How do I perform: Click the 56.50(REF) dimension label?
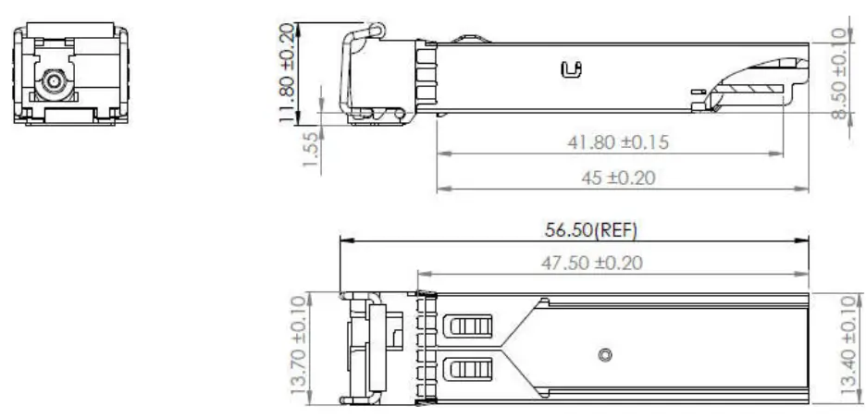[x=590, y=229]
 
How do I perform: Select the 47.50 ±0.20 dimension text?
[x=591, y=263]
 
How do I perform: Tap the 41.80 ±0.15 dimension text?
[x=617, y=142]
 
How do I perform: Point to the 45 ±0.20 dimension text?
[x=618, y=178]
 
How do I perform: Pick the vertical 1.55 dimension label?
[x=311, y=150]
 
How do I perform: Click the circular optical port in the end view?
[x=54, y=81]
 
